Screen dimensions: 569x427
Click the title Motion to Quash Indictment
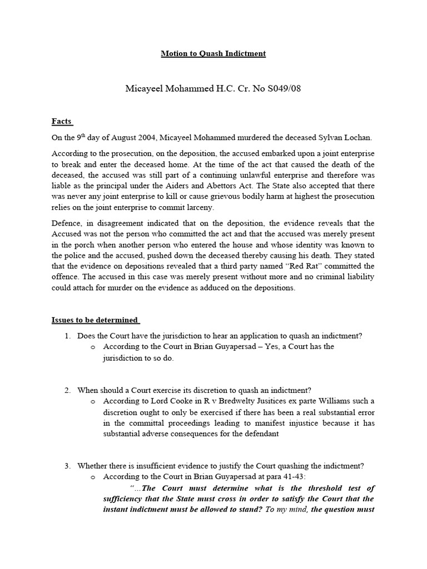[213, 53]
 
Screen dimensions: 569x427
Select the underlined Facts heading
[62, 121]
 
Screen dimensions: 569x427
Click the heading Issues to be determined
[95, 320]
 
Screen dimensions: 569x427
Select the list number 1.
[67, 336]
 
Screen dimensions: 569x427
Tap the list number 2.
[67, 390]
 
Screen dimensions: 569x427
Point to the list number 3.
[67, 466]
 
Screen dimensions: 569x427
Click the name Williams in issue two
[347, 401]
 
